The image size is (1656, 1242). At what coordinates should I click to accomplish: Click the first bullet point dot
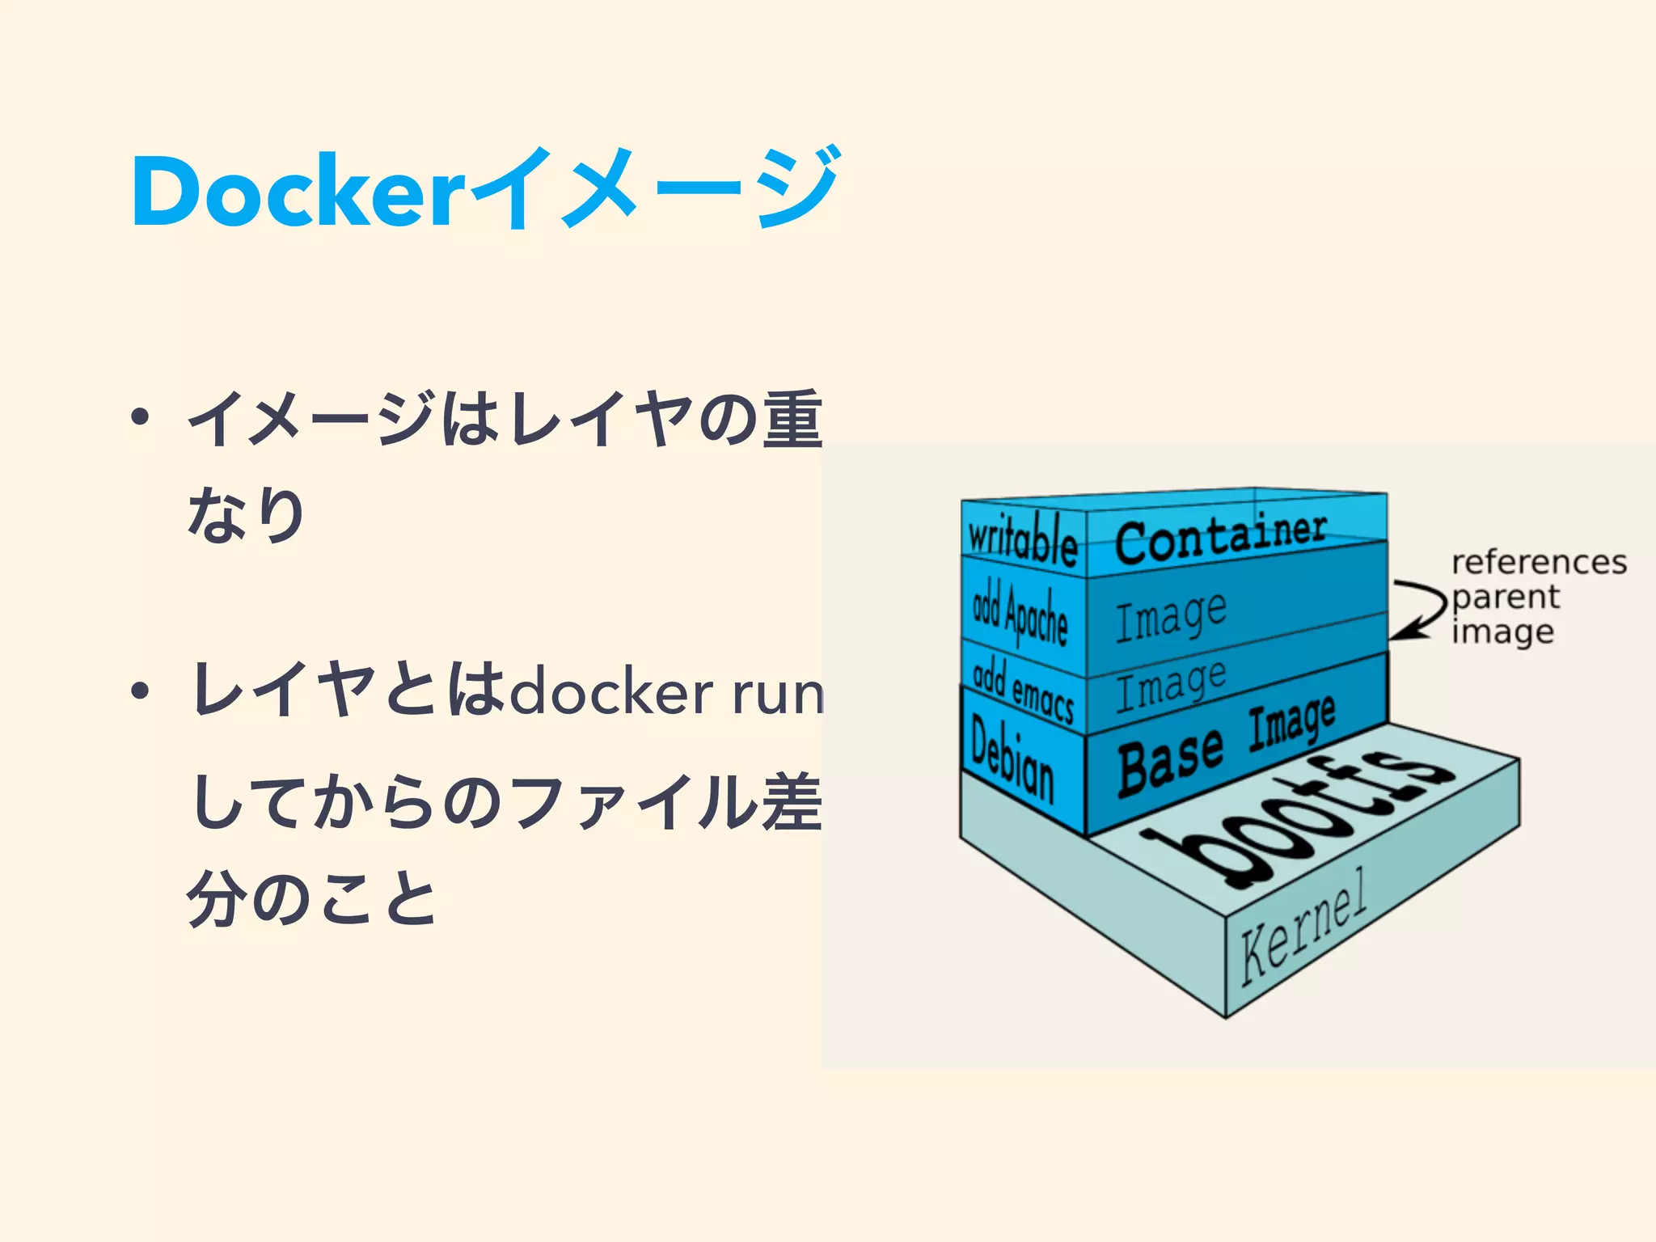point(141,418)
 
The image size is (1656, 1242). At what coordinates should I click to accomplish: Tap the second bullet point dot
point(141,691)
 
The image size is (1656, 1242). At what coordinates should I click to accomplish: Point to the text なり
point(246,514)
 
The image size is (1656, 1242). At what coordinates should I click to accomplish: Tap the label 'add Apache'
point(1020,615)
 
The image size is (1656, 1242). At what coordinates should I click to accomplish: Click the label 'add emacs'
point(1023,691)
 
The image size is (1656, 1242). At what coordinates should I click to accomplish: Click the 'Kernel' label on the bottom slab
point(1303,926)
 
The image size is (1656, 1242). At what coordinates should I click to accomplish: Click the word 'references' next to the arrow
point(1539,561)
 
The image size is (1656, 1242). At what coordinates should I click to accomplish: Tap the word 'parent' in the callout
point(1506,597)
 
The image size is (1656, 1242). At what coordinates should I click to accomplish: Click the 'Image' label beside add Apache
point(1171,616)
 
